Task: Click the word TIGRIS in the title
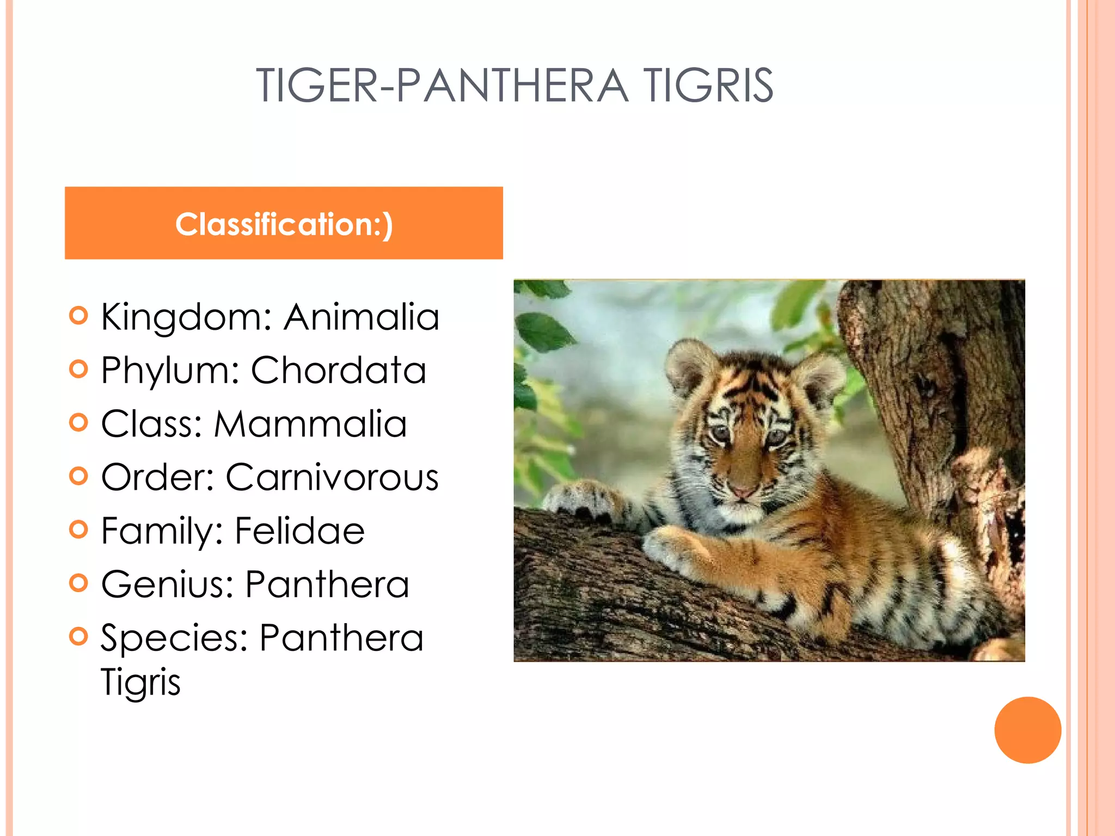[x=708, y=85]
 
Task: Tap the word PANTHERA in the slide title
[x=512, y=85]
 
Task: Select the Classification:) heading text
[x=284, y=224]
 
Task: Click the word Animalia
[x=362, y=317]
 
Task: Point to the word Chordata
[x=338, y=370]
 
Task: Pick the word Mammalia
[x=310, y=423]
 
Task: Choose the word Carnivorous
[x=332, y=477]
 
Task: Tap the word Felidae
[x=299, y=531]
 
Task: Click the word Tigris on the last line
[x=140, y=681]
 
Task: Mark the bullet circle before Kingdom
[x=79, y=316]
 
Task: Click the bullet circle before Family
[x=79, y=530]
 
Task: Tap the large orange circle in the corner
[x=1027, y=730]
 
